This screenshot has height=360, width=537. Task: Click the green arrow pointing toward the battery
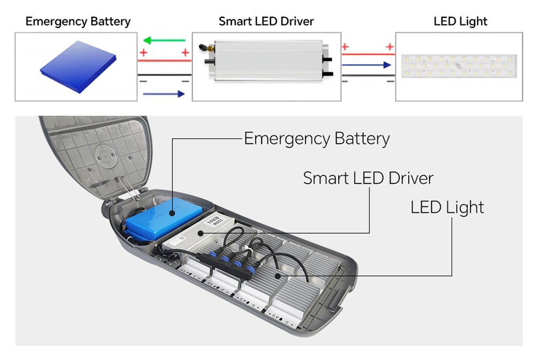coord(164,40)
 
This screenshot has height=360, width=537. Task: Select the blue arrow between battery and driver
coord(164,93)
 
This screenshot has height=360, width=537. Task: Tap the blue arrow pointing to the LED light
coord(366,64)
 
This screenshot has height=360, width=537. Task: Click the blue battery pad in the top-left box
coord(78,67)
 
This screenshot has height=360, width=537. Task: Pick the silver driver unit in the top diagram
coord(266,60)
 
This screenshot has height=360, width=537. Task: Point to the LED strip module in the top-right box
coord(459,66)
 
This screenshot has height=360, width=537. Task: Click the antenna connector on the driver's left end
coord(207,47)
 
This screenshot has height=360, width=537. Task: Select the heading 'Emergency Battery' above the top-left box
coord(78,21)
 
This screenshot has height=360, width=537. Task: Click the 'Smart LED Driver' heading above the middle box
coord(266,21)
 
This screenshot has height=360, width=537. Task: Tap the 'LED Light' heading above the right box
coord(460,21)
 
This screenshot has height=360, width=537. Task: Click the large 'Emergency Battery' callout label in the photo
coord(317,139)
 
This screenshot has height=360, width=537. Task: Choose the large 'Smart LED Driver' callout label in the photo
coord(368,178)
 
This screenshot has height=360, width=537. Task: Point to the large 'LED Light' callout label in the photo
coord(447,207)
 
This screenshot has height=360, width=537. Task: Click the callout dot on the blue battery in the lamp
coord(172,213)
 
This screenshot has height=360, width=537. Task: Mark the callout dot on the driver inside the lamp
coord(201,233)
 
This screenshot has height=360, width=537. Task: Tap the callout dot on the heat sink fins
coord(278,276)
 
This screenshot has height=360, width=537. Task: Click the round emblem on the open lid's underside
coord(106,156)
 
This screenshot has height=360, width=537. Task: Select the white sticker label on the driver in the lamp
coord(214,222)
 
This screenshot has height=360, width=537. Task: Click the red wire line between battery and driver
coord(164,61)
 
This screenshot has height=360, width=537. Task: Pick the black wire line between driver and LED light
coord(368,75)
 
